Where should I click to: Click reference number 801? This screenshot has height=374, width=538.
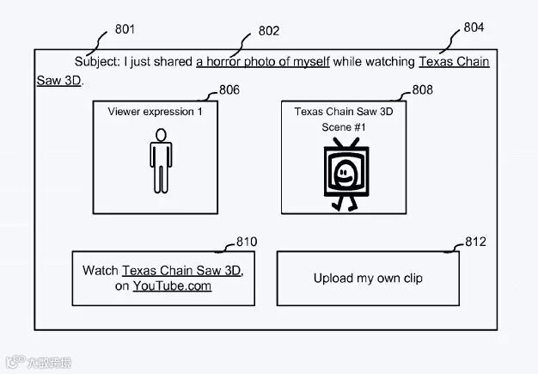point(125,30)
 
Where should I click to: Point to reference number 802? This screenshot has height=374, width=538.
point(269,31)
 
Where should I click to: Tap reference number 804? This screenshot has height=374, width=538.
point(474,28)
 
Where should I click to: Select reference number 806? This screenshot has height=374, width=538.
point(229,90)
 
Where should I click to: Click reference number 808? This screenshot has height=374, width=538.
point(422,90)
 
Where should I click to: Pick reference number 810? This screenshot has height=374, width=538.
point(246,242)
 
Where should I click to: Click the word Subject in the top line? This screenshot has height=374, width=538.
point(97,62)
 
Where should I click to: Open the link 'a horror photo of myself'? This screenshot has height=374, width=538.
point(262,62)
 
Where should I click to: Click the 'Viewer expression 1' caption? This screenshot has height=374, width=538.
point(156,112)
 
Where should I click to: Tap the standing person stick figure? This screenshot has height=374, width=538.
point(159,161)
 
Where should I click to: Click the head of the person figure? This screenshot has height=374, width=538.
point(159,134)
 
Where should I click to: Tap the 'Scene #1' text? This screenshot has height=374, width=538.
point(344,127)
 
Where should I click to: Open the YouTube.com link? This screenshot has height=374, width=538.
point(172,286)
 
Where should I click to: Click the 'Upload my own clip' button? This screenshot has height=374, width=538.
point(368,278)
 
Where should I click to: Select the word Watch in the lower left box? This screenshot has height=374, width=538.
point(101,270)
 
